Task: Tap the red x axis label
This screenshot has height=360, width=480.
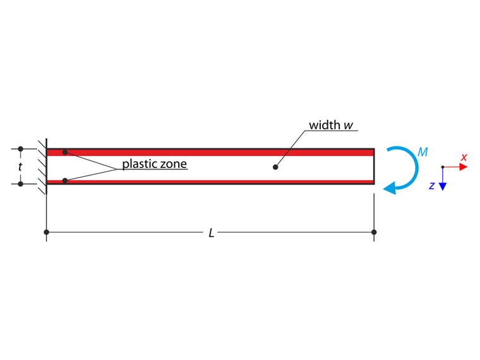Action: (464, 157)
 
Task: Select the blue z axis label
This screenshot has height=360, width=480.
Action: (431, 186)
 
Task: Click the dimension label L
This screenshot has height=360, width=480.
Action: (212, 233)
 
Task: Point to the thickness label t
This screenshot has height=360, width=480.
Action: (20, 167)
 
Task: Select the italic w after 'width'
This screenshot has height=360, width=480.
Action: (348, 124)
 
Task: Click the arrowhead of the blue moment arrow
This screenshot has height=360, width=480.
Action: (389, 187)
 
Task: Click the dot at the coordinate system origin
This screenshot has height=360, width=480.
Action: (443, 167)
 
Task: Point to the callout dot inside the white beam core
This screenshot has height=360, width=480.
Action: (275, 167)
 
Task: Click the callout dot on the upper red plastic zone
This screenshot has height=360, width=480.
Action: (65, 152)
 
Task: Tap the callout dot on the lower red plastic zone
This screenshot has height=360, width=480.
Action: (65, 181)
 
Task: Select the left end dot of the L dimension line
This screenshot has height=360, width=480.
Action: (47, 232)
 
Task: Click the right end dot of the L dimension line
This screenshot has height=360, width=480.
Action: (375, 232)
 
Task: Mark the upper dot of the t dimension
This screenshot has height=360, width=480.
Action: (20, 150)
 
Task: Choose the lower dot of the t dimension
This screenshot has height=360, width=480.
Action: (20, 184)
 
